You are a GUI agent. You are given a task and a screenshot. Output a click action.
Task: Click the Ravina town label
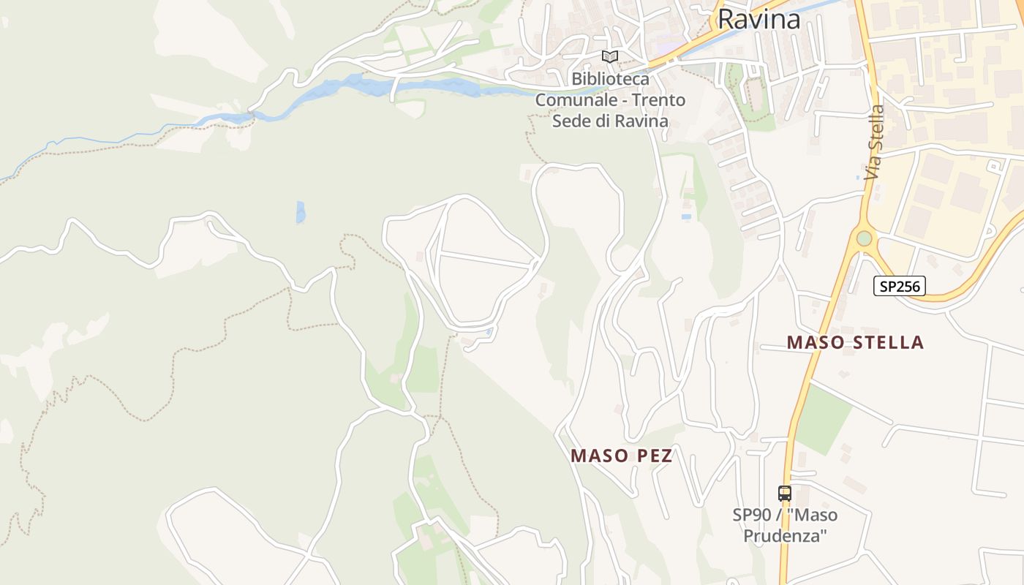(x=758, y=20)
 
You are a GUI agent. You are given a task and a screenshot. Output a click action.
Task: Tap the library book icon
(x=610, y=56)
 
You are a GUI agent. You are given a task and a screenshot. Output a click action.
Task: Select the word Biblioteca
(x=610, y=78)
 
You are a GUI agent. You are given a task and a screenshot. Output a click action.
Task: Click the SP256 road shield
(x=899, y=286)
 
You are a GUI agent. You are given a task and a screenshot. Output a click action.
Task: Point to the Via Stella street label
(x=874, y=143)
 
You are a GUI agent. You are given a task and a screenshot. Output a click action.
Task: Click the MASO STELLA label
(x=855, y=342)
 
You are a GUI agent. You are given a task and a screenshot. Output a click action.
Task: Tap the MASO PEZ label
(x=621, y=456)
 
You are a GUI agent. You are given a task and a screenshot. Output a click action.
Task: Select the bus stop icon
(x=785, y=494)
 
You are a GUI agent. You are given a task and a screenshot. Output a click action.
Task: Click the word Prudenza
(x=785, y=535)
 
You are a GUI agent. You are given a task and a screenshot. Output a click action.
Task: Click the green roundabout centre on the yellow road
(x=865, y=238)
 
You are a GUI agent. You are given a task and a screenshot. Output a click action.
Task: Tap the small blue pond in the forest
(x=301, y=212)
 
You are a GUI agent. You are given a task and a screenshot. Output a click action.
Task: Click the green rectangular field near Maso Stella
(x=823, y=420)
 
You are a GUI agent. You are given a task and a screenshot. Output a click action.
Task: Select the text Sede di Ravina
(x=610, y=121)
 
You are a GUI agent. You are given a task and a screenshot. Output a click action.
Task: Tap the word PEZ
(x=655, y=456)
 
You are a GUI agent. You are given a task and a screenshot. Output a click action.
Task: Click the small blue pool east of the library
(x=686, y=216)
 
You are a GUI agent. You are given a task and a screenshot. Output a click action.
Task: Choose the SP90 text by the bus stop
(x=751, y=515)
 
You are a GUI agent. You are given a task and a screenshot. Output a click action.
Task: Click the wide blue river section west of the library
(x=380, y=86)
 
